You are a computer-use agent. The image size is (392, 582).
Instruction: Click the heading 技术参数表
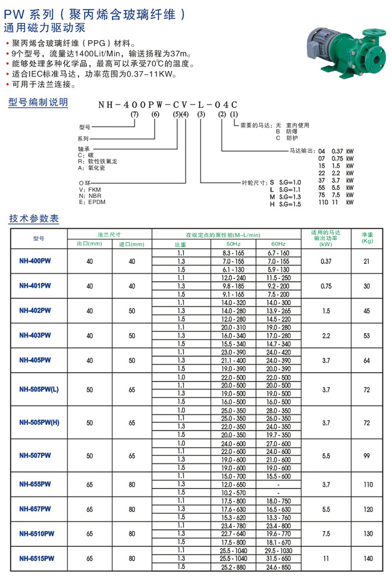pyautogui.click(x=34, y=219)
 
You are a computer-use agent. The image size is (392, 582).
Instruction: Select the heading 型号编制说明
pyautogui.click(x=39, y=102)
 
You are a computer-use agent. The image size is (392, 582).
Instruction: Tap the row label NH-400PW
pyautogui.click(x=35, y=261)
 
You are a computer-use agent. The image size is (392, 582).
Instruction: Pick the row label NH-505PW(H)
pyautogui.click(x=39, y=423)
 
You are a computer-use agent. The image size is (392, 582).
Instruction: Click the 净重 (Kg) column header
pyautogui.click(x=367, y=238)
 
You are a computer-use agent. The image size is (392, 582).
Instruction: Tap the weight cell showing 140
pyautogui.click(x=367, y=558)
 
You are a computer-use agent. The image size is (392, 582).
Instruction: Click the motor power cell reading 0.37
pyautogui.click(x=325, y=261)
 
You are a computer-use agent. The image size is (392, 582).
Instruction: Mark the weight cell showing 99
pyautogui.click(x=367, y=456)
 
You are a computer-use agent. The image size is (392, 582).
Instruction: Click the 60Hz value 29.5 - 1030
pyautogui.click(x=278, y=550)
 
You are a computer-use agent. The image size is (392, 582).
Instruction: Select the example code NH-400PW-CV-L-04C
pyautogui.click(x=168, y=104)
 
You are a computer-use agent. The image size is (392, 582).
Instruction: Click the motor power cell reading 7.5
pyautogui.click(x=325, y=533)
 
